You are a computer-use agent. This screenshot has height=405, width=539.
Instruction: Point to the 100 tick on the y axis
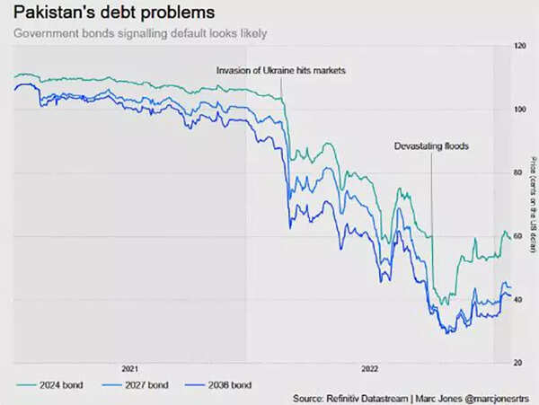point(519,109)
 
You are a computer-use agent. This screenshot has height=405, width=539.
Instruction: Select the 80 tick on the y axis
point(519,172)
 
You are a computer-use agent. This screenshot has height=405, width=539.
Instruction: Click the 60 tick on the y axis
point(519,236)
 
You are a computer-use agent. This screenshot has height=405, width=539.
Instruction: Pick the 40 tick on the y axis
point(519,300)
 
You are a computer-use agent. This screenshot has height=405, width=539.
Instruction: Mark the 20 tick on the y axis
point(519,363)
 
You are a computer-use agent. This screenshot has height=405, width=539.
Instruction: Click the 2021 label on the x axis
point(130,369)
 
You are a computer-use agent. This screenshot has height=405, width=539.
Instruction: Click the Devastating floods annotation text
point(432,145)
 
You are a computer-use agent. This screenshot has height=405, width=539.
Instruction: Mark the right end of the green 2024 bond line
point(510,237)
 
